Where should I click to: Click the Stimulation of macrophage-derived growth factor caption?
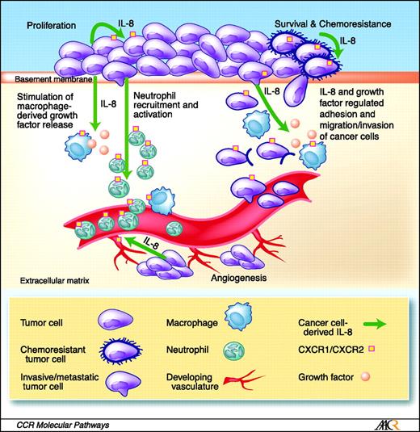click(49, 104)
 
